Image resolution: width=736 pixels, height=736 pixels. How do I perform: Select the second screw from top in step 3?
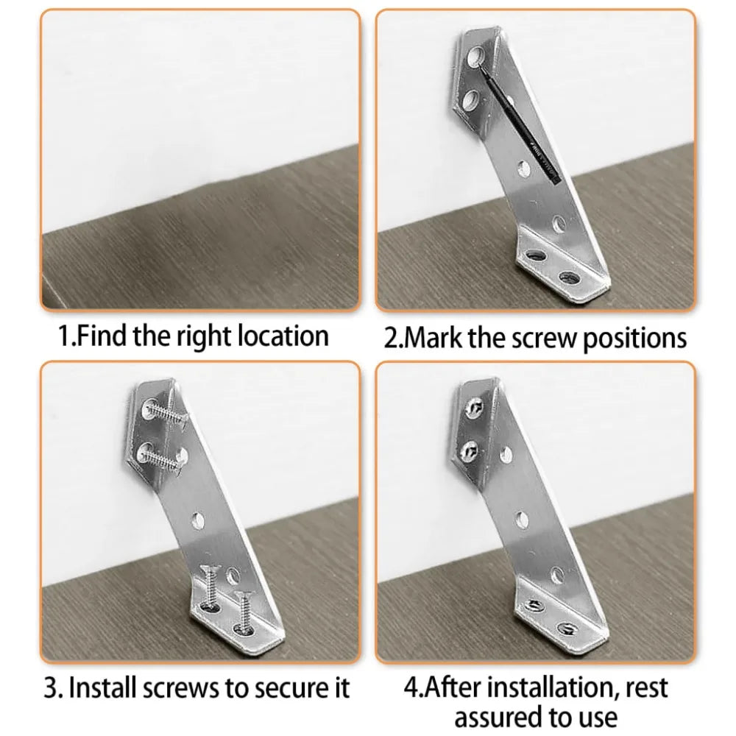tap(163, 456)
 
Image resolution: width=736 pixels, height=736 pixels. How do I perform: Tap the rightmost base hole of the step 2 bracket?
tap(567, 277)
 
